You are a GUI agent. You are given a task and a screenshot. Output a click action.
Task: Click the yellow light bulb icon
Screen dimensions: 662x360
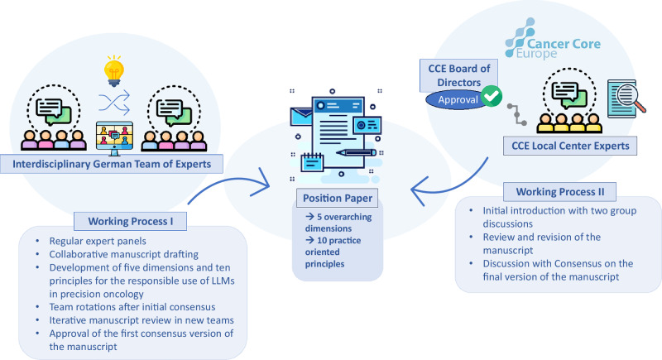[x=114, y=71]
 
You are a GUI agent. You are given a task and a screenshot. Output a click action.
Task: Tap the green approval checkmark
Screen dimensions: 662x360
[x=491, y=96]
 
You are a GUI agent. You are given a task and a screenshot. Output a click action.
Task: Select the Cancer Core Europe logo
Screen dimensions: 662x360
[x=552, y=39]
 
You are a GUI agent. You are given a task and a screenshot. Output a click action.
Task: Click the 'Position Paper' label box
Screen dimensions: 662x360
[x=338, y=198]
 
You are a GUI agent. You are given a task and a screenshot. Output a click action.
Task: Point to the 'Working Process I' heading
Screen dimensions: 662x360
[x=131, y=221]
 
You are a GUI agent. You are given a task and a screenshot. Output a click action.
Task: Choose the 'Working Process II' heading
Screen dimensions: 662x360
[x=560, y=192]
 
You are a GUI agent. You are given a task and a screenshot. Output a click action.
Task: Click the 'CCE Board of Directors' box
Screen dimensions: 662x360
[x=459, y=75]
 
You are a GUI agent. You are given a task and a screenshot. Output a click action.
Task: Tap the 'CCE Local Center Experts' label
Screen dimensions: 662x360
[x=570, y=146]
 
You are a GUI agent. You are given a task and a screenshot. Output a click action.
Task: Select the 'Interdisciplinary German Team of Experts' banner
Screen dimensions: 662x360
[x=112, y=164]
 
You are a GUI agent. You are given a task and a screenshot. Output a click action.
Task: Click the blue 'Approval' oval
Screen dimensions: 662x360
[x=458, y=100]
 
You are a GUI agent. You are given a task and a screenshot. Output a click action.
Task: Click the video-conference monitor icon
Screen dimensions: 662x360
[x=114, y=138]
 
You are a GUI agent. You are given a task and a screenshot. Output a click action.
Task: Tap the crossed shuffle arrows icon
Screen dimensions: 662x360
[x=114, y=103]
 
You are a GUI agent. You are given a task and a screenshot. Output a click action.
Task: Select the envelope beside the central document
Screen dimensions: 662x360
[x=300, y=117]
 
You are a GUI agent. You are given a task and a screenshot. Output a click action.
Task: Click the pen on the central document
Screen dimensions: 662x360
[x=356, y=152]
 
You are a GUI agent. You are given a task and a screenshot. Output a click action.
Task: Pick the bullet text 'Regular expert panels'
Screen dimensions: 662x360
[x=98, y=241]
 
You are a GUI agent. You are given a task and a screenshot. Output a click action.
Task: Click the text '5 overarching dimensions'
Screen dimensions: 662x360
[x=338, y=223]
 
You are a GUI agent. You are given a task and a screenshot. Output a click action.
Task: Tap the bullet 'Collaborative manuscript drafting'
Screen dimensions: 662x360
[x=123, y=254]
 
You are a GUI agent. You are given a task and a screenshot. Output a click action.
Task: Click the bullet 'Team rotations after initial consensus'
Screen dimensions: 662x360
[x=132, y=307]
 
